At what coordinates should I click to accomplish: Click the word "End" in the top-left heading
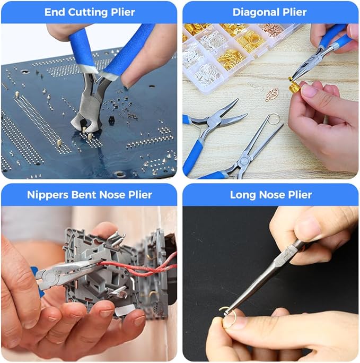coord(55,12)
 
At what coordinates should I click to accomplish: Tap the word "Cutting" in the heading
coord(89,12)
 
